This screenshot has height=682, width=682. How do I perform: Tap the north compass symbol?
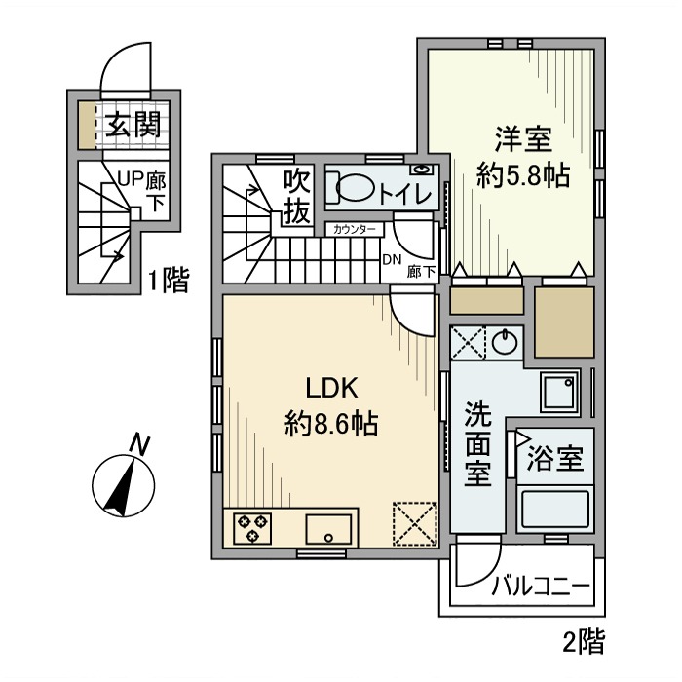124,482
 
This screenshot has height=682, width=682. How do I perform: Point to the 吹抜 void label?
296,197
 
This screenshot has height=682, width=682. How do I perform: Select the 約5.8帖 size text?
522,176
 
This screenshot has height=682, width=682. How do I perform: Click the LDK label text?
334,388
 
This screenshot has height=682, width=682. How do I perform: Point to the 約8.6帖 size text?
332,425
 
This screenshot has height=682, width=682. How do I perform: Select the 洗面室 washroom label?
477,444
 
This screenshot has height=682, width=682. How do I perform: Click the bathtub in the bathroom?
554,510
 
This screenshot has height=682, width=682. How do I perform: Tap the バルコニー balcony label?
540,587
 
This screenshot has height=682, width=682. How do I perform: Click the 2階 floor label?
584,642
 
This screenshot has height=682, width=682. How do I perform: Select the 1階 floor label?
168,282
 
